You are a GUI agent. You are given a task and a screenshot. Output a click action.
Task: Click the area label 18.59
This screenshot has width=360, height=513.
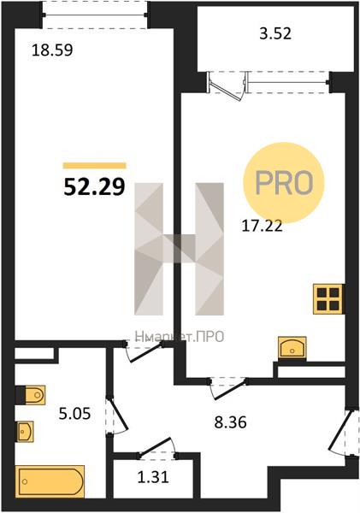52,50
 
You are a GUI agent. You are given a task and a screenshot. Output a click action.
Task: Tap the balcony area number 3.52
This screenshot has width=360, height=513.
275,34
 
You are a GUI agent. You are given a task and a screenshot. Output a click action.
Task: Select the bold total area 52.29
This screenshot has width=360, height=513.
94,187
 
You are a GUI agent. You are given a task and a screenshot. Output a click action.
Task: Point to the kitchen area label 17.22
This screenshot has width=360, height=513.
262,226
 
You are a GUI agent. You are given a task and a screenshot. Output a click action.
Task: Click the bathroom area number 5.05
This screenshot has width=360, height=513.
74,414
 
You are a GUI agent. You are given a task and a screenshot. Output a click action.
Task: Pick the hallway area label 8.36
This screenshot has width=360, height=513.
230,422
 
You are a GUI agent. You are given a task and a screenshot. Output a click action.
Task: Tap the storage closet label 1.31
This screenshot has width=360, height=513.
153,477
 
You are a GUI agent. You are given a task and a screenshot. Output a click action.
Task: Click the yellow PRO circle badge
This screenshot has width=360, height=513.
283,183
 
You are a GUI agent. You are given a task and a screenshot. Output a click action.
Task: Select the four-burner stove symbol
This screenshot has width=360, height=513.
328,299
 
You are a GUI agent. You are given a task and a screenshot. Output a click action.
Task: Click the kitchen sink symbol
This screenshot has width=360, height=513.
292,347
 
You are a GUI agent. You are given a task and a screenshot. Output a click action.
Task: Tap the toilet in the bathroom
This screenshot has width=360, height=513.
31,395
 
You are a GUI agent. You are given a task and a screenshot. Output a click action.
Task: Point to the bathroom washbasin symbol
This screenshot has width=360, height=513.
25,431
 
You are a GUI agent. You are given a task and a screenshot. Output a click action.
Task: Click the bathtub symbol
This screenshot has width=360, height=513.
50,481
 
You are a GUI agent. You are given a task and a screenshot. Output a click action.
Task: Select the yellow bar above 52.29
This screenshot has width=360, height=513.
95,166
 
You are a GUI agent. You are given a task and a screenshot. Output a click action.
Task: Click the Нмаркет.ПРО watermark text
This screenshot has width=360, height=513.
180,336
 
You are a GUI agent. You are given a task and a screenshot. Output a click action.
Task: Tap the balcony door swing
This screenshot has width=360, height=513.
227,88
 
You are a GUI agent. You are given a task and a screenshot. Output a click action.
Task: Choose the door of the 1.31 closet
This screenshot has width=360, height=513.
157,445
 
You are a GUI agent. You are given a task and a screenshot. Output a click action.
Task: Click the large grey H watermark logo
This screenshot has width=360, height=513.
180,249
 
